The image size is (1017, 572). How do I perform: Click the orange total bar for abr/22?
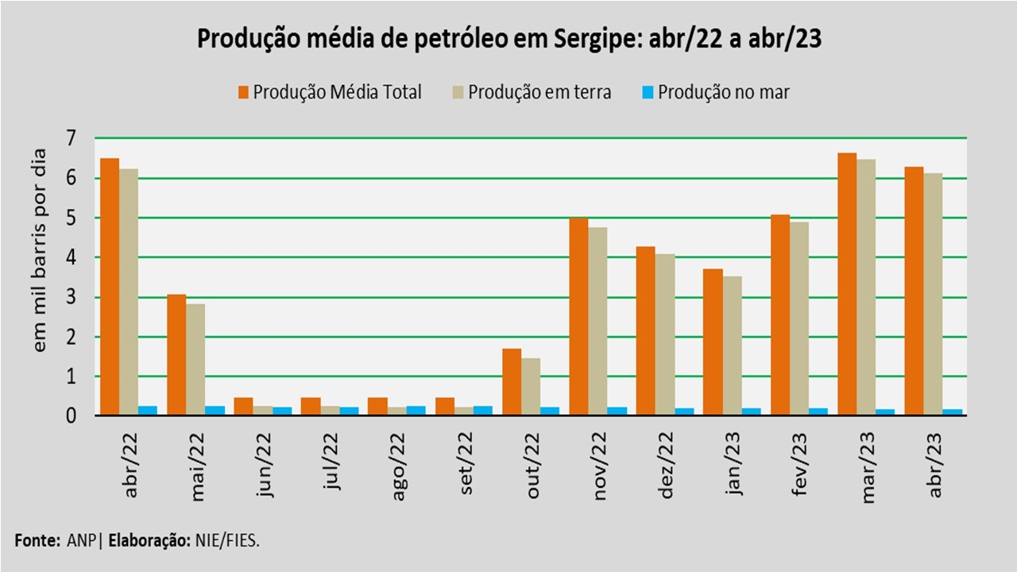tap(110, 287)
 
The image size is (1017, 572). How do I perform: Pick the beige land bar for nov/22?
tap(597, 322)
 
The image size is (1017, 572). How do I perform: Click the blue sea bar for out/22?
tap(550, 411)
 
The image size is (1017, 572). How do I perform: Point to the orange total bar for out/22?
tap(512, 382)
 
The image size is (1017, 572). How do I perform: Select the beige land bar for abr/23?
tap(933, 294)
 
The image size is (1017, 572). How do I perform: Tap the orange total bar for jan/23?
tap(713, 342)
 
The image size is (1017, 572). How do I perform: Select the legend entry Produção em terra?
tap(539, 92)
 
